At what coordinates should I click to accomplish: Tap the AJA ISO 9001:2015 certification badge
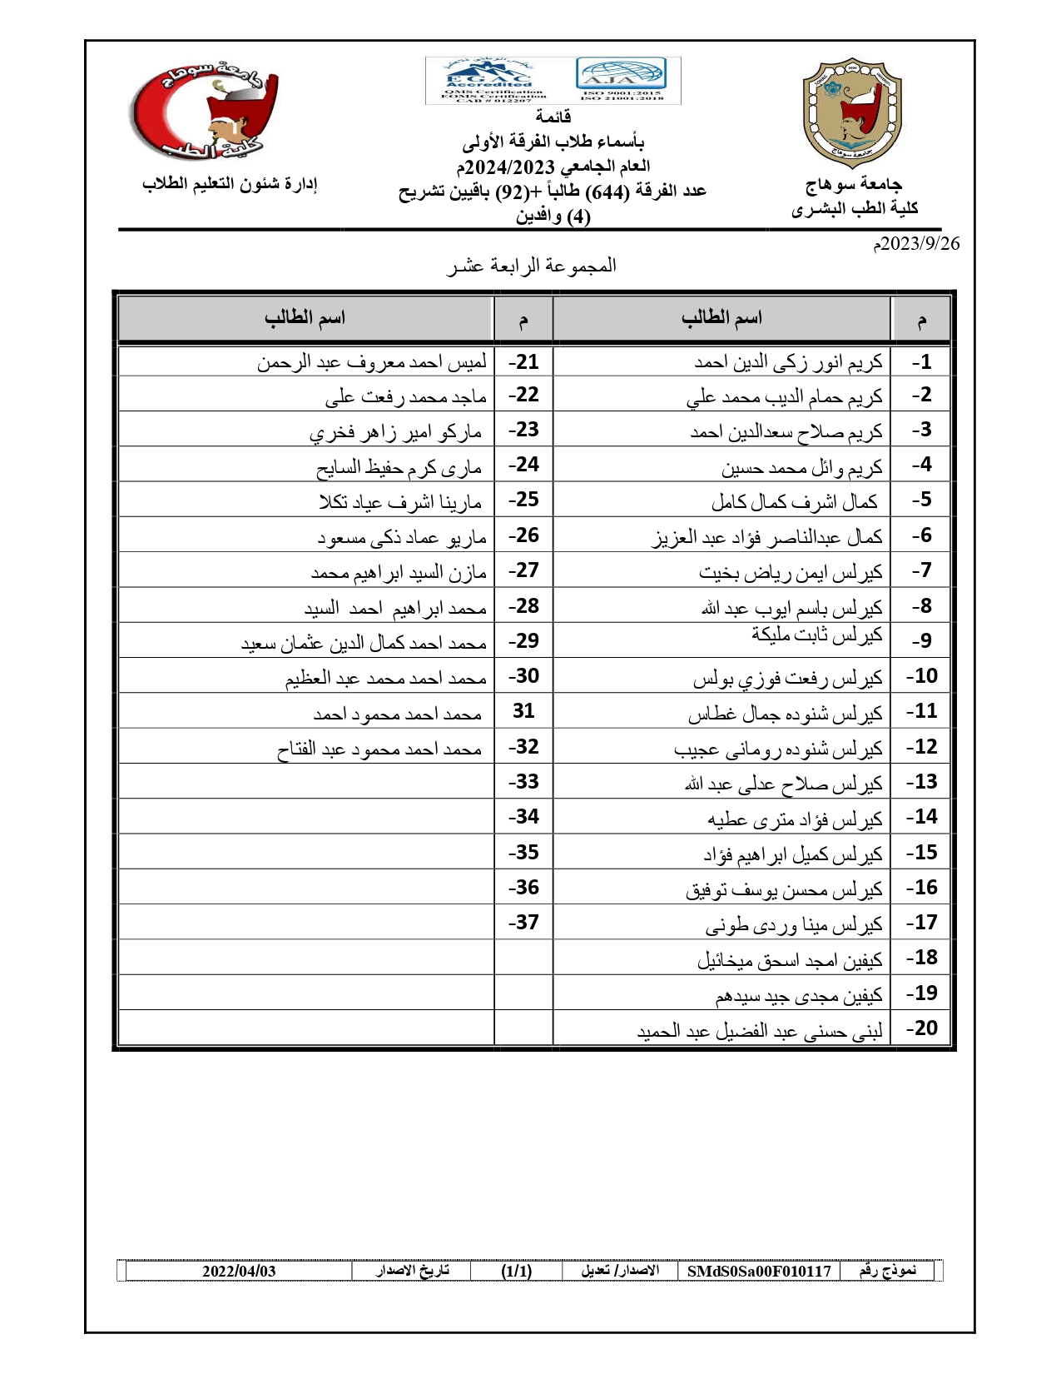click(x=621, y=78)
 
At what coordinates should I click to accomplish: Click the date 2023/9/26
click(x=916, y=244)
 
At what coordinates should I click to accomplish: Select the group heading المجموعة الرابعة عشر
click(x=532, y=266)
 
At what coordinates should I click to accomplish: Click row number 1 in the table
click(x=921, y=362)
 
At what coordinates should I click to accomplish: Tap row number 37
click(x=523, y=923)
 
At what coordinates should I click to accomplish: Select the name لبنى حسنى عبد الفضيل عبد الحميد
click(x=759, y=1032)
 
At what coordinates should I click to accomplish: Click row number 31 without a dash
click(x=523, y=711)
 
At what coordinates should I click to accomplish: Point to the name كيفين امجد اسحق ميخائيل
click(x=790, y=961)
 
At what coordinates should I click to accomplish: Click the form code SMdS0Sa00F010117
click(x=759, y=1271)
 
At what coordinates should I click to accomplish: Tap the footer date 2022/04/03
click(x=239, y=1271)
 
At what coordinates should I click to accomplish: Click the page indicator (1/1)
click(x=516, y=1271)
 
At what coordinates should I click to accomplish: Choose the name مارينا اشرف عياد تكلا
click(x=400, y=502)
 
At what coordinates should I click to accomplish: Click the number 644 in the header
click(x=607, y=192)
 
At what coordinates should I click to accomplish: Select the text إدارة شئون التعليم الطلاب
click(x=230, y=183)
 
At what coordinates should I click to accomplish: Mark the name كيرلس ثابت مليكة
click(x=816, y=635)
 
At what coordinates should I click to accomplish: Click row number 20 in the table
click(x=921, y=1028)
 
